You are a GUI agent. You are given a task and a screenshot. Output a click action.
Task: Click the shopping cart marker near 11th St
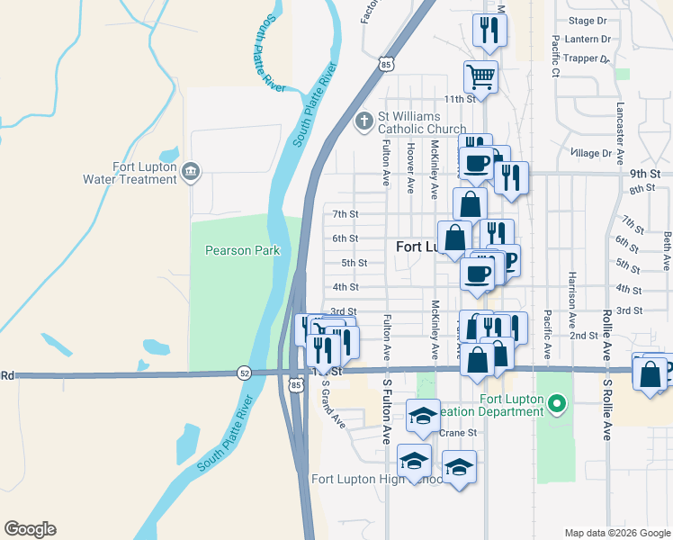pos(481,76)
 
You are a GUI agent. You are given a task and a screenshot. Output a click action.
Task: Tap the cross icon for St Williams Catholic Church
pos(364,120)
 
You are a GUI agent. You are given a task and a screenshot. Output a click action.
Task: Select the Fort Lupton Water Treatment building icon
pos(191,171)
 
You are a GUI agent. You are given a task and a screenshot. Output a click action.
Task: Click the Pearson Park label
pos(242,251)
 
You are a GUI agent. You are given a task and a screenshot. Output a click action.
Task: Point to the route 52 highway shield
pos(245,372)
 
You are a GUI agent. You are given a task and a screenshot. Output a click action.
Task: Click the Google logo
pos(30,529)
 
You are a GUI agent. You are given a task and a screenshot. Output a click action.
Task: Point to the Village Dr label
pos(591,154)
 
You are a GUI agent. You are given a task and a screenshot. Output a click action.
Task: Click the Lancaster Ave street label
pos(620,131)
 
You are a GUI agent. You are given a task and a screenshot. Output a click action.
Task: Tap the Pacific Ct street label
pos(556,55)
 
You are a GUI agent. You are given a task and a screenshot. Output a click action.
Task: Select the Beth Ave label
pos(667,250)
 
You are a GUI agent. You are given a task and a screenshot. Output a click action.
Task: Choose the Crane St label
pos(458,433)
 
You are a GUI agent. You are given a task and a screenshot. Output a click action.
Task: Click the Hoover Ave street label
pos(410,167)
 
